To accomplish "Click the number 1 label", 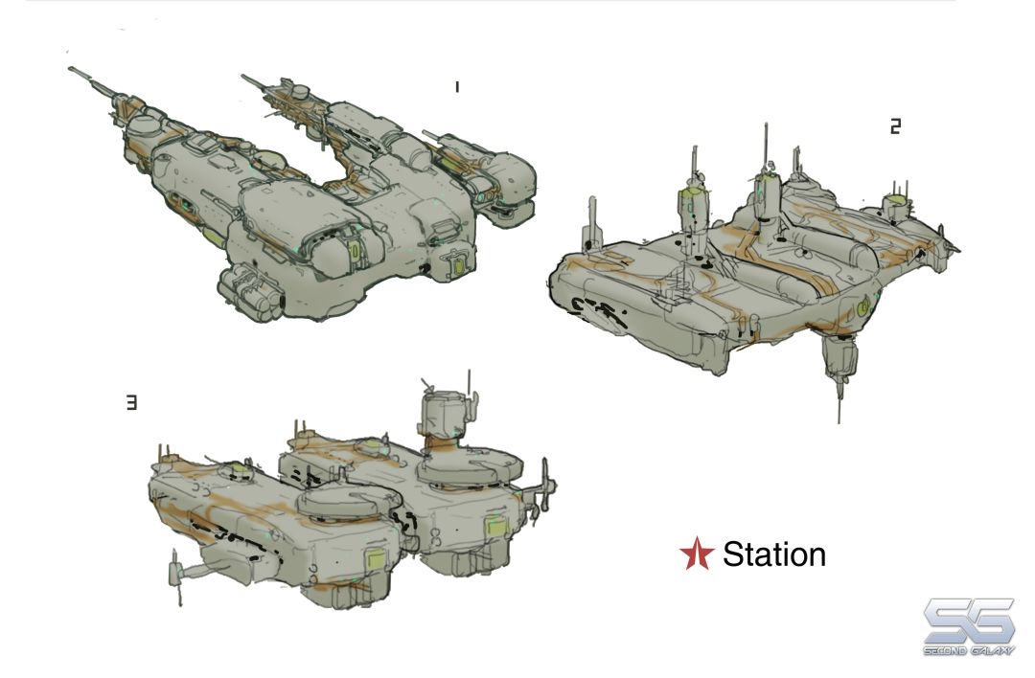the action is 456,86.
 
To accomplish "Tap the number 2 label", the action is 895,126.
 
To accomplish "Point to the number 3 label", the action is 132,402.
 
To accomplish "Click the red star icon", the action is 697,553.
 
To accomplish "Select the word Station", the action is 774,554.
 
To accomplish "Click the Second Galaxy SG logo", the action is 969,626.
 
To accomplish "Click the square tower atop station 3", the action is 446,416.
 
